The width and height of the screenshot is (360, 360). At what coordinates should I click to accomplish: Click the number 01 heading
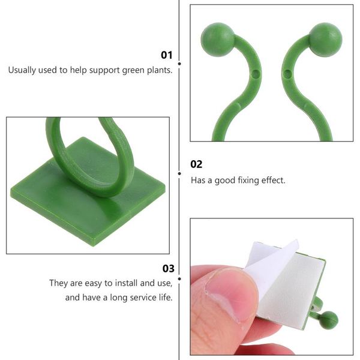click(x=166, y=55)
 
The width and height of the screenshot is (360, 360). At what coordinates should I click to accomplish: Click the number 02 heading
click(x=196, y=164)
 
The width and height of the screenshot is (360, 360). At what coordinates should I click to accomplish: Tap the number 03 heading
click(x=168, y=268)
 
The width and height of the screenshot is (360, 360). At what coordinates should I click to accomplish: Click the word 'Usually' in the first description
click(x=23, y=70)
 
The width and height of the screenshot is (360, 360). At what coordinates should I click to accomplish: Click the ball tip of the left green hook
click(x=217, y=40)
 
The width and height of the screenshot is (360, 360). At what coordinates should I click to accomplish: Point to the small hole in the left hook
click(x=256, y=75)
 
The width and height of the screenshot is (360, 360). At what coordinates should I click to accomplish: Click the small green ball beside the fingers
click(x=328, y=320)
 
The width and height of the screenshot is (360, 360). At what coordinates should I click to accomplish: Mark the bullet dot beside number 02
click(x=180, y=173)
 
